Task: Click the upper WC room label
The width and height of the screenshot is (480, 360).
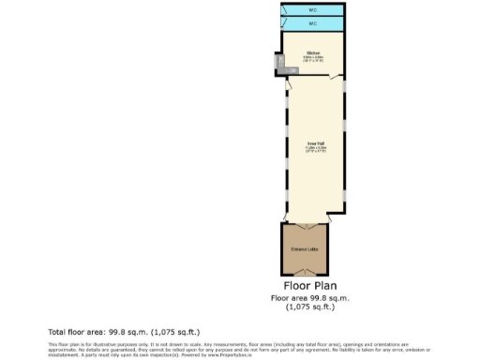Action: point(312,10)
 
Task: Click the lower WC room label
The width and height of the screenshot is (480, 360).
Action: point(312,23)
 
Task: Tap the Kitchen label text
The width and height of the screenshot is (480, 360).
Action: point(312,52)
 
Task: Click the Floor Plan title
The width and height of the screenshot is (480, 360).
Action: point(311,286)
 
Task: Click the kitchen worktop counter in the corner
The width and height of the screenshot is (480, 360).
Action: point(279,64)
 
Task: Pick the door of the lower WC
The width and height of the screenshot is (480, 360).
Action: point(283,23)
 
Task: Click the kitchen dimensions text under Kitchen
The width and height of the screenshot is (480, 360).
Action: point(312,59)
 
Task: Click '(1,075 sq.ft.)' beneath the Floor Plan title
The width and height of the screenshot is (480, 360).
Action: point(311,307)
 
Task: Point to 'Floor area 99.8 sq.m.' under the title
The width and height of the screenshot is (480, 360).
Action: point(311,298)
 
